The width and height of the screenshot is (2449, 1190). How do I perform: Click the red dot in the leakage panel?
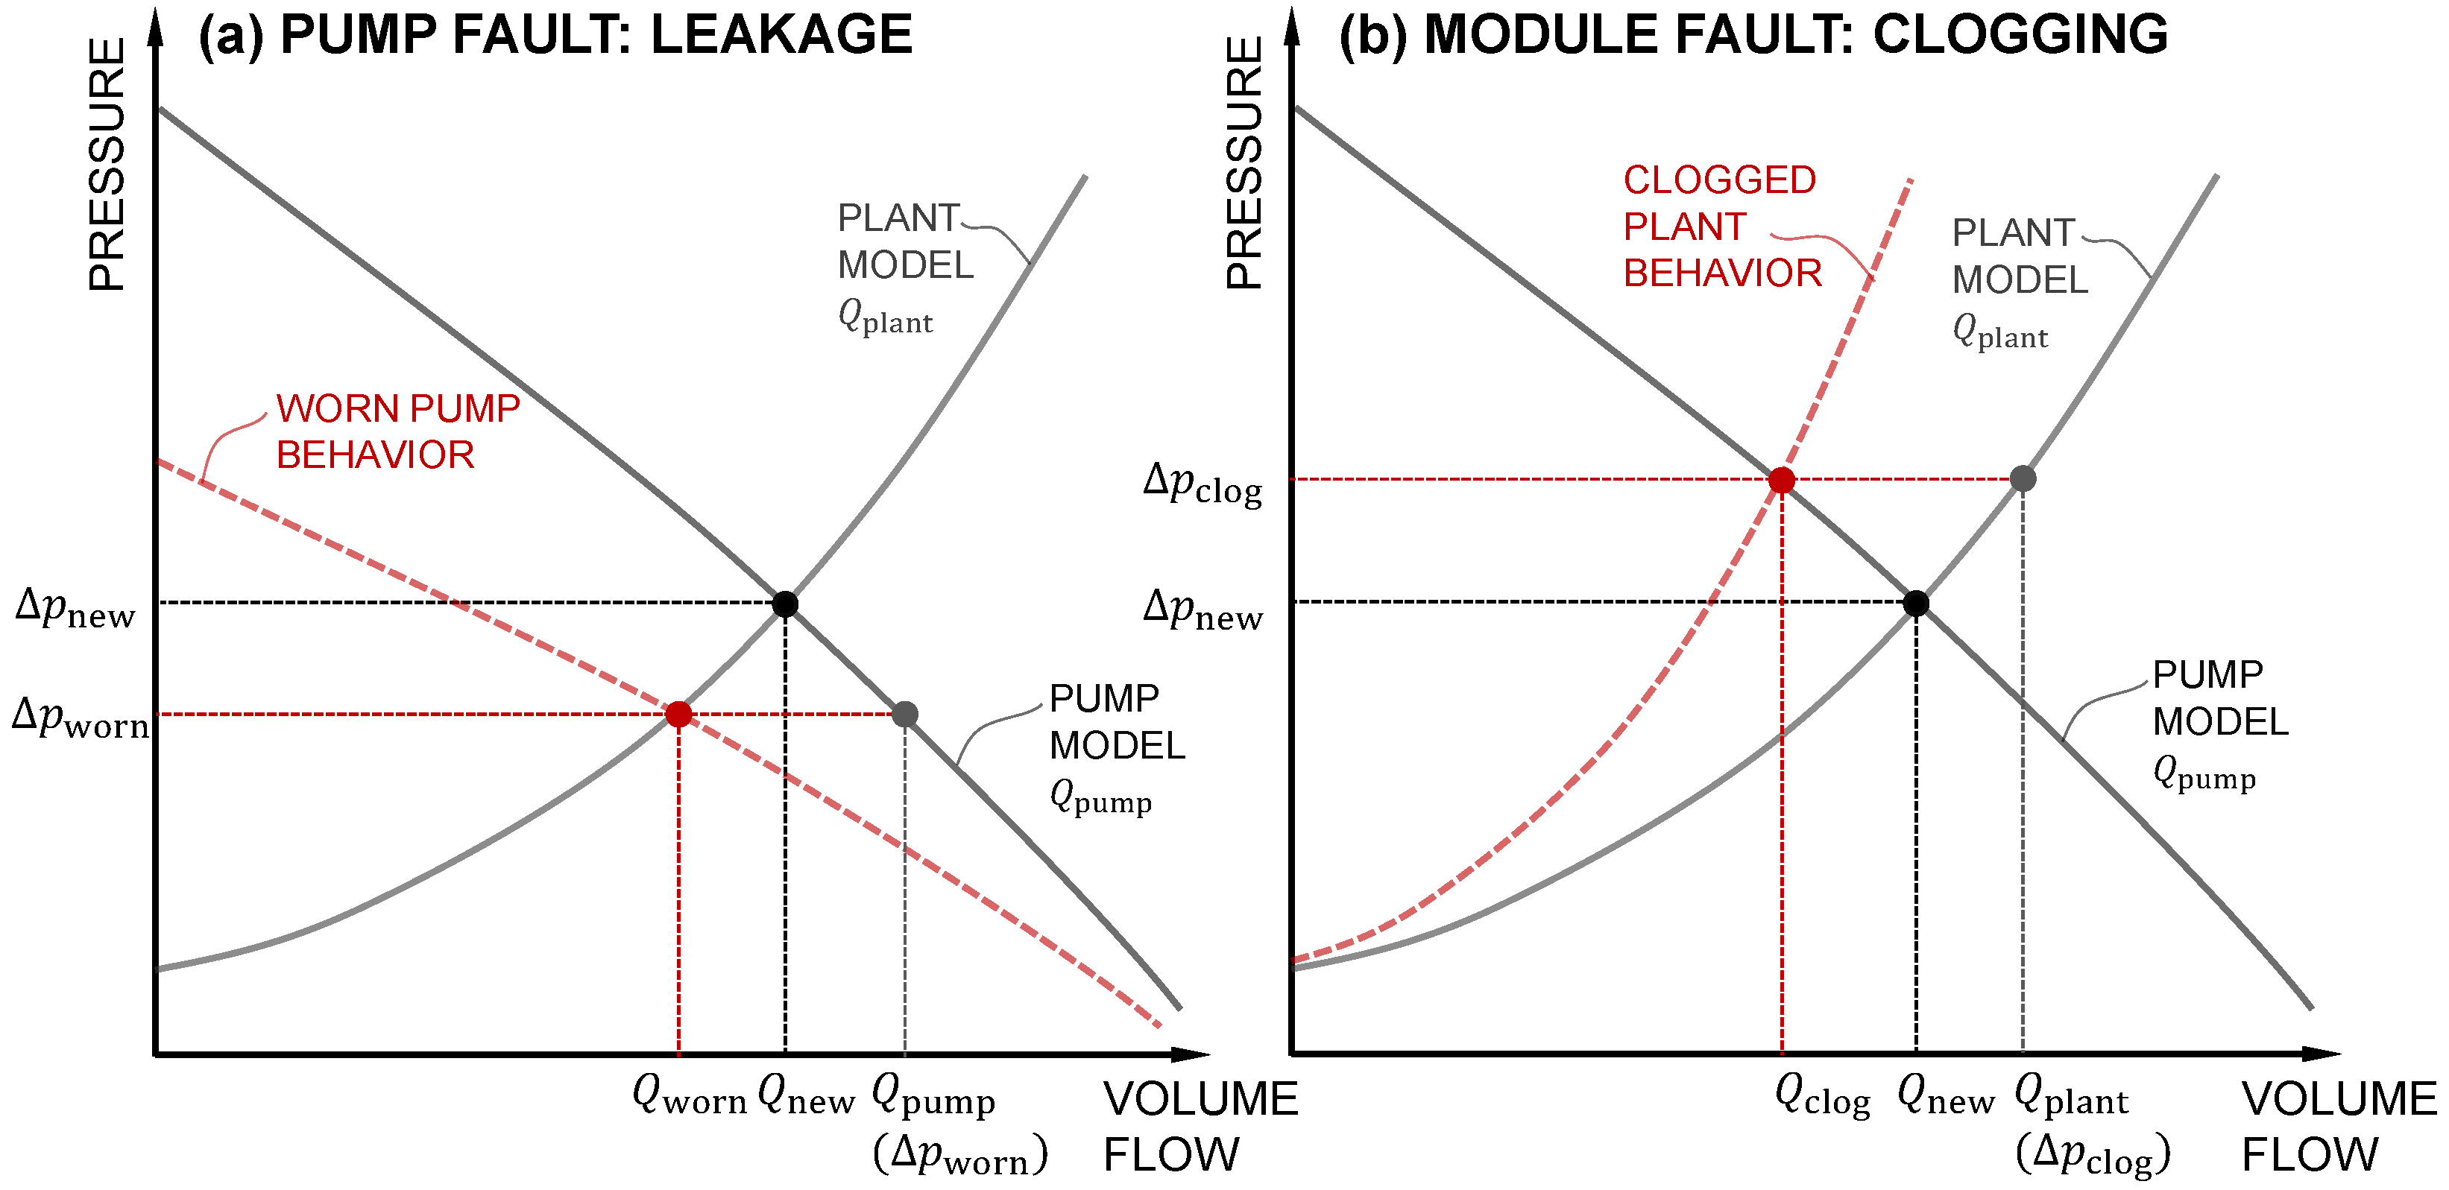(x=678, y=714)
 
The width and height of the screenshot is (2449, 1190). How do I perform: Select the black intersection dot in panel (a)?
(x=785, y=604)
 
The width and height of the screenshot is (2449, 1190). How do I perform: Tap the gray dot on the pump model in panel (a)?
(x=905, y=714)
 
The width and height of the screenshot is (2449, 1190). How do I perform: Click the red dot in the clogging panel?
(x=1782, y=480)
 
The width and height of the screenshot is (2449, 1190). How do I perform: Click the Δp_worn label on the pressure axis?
(x=80, y=718)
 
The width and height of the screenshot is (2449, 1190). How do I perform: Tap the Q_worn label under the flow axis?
(x=690, y=1098)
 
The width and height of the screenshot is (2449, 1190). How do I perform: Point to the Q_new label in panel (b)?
(x=1945, y=1098)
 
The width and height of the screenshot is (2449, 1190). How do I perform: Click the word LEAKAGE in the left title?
(x=781, y=35)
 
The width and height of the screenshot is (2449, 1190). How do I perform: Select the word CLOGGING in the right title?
(x=2020, y=35)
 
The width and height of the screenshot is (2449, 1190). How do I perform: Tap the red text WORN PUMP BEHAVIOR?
(x=397, y=431)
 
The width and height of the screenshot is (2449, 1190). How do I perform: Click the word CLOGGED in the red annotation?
(x=1719, y=180)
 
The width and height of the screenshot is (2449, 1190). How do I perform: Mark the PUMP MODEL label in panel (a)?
(x=1117, y=722)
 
